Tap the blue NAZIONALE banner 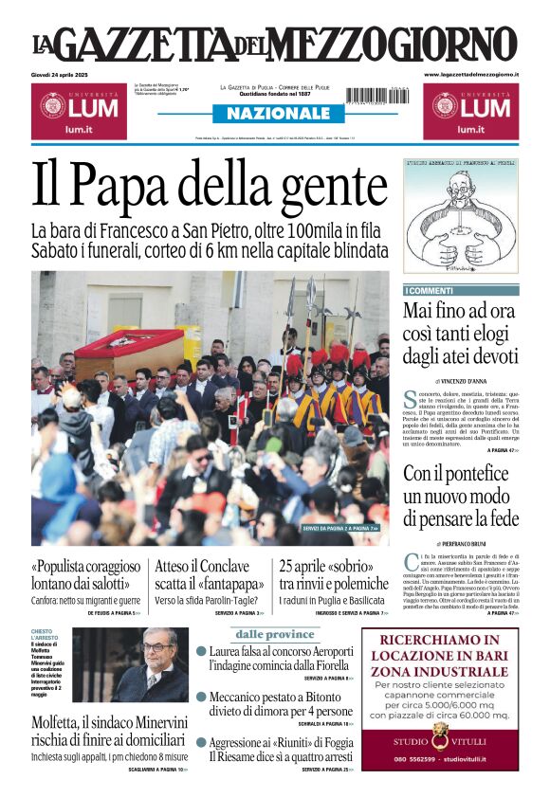273,114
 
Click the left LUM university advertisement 76,110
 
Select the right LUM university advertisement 471,110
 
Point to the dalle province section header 275,634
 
